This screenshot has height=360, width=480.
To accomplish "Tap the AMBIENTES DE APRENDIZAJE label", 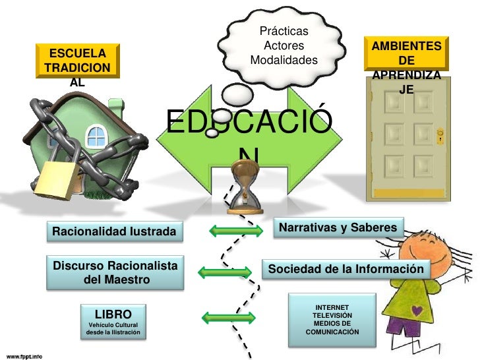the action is (x=407, y=54).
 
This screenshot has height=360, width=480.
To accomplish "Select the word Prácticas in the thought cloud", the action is (x=284, y=31).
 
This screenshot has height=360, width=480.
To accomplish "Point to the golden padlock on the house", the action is (x=55, y=179).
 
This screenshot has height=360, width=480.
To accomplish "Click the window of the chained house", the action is (x=96, y=136).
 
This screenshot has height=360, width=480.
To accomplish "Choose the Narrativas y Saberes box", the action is (x=338, y=228).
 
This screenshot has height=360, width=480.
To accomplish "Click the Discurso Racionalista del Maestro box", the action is (x=115, y=272).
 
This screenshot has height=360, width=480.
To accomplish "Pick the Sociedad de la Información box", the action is (x=345, y=270).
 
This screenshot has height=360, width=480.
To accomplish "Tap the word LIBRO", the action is (x=113, y=314).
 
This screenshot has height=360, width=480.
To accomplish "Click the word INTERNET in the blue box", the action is (x=332, y=308).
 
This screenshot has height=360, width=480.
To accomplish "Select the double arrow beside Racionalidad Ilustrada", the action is (x=229, y=231).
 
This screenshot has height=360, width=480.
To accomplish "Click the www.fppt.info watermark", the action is (x=21, y=355).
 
